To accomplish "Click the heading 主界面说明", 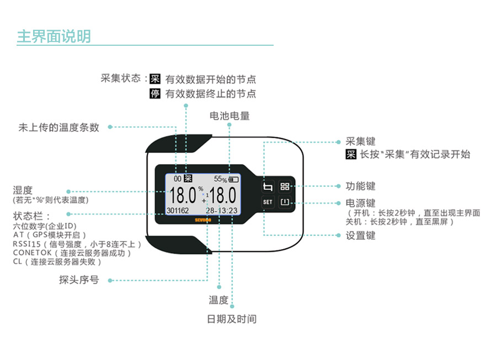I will click(x=54, y=36).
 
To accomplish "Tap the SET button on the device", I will click(x=268, y=202).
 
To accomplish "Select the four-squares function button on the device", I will click(x=285, y=186).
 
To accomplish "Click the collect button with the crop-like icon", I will click(x=268, y=186).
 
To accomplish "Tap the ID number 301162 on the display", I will click(x=178, y=211).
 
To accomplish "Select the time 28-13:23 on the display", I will click(x=221, y=211).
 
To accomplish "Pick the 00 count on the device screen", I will click(x=178, y=179).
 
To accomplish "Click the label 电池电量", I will click(x=230, y=116).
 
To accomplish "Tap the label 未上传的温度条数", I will click(x=59, y=127).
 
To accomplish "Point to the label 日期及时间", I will click(x=232, y=319).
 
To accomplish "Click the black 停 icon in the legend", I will click(x=155, y=94).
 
